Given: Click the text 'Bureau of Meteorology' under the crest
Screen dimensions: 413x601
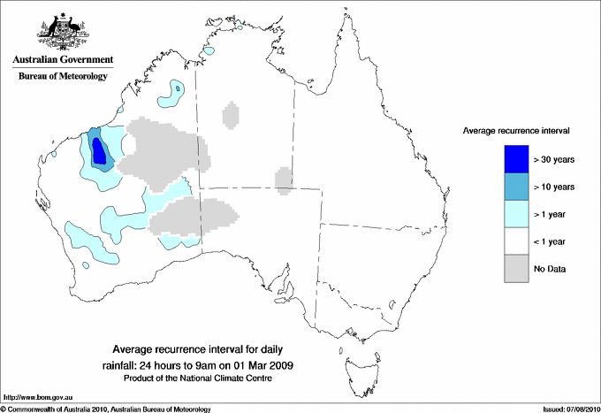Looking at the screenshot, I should click(63, 77).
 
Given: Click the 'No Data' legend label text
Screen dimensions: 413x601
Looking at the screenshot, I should click(550, 268).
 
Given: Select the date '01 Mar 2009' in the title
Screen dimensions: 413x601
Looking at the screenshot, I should click(262, 364).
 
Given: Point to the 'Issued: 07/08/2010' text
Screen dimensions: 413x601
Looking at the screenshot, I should click(565, 408).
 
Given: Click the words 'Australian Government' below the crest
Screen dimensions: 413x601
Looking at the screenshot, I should click(63, 60).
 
